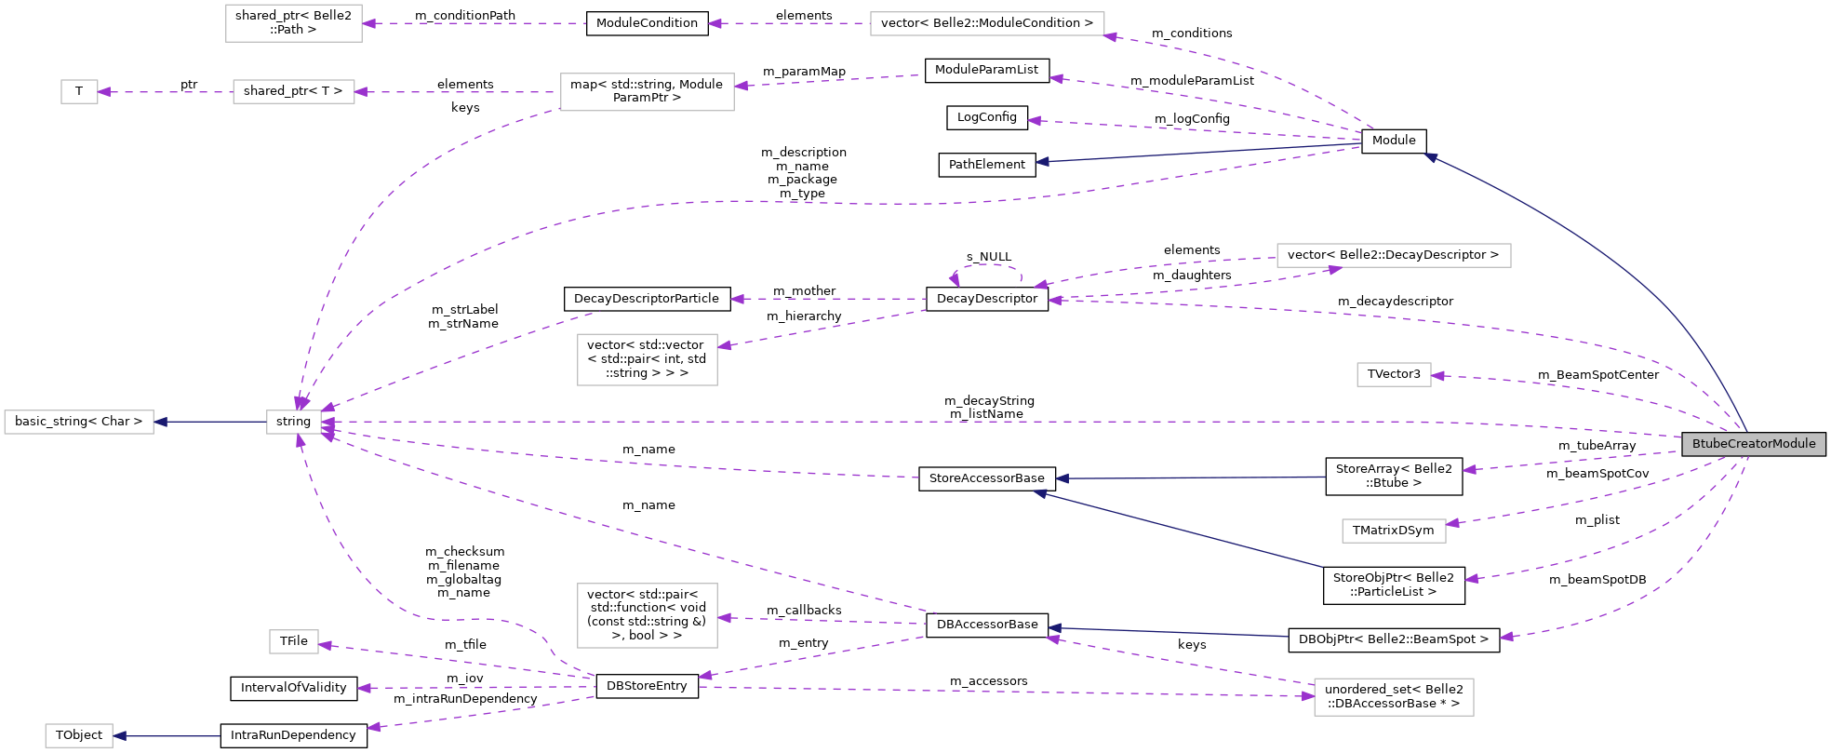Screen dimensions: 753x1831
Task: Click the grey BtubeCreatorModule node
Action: tap(1753, 444)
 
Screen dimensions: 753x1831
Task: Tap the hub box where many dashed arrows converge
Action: tap(293, 422)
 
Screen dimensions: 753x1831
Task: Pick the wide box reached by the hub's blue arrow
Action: tap(79, 422)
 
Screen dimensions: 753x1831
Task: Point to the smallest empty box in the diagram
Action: tap(79, 92)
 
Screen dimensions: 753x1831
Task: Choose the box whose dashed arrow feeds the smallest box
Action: tap(293, 92)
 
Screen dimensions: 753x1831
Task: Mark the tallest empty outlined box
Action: tap(647, 615)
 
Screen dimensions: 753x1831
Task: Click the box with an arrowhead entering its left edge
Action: tap(1393, 697)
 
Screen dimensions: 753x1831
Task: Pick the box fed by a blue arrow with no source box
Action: tap(79, 735)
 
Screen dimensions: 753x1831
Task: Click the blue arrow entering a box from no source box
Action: tap(167, 736)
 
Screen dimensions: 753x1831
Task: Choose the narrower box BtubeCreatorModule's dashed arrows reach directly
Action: tap(1393, 374)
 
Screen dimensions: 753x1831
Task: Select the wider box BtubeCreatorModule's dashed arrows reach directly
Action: tap(1393, 531)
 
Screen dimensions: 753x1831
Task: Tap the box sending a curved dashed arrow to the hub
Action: tap(647, 92)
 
